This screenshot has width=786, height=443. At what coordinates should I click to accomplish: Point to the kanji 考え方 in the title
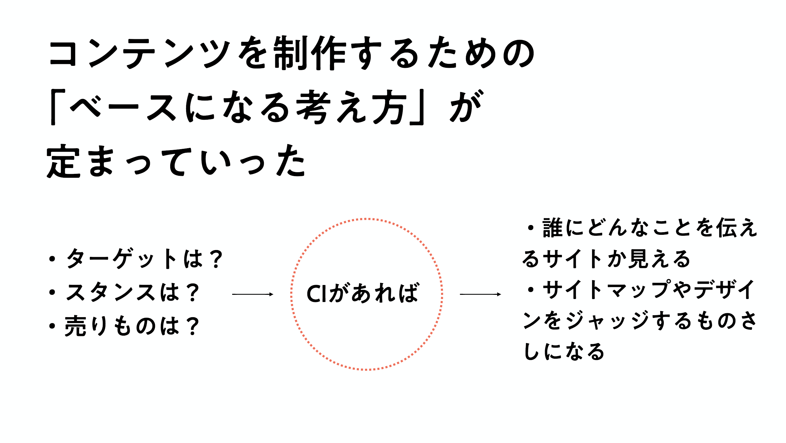(351, 107)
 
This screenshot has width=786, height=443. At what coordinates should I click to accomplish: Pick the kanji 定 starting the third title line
(64, 162)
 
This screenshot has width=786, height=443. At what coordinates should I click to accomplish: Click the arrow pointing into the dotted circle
(253, 294)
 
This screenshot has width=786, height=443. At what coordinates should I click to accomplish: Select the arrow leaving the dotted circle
(481, 294)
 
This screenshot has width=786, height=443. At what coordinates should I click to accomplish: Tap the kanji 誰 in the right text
(553, 228)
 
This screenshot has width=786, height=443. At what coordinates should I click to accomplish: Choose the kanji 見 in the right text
(639, 259)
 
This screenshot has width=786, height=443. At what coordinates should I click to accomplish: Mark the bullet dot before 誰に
(530, 228)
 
